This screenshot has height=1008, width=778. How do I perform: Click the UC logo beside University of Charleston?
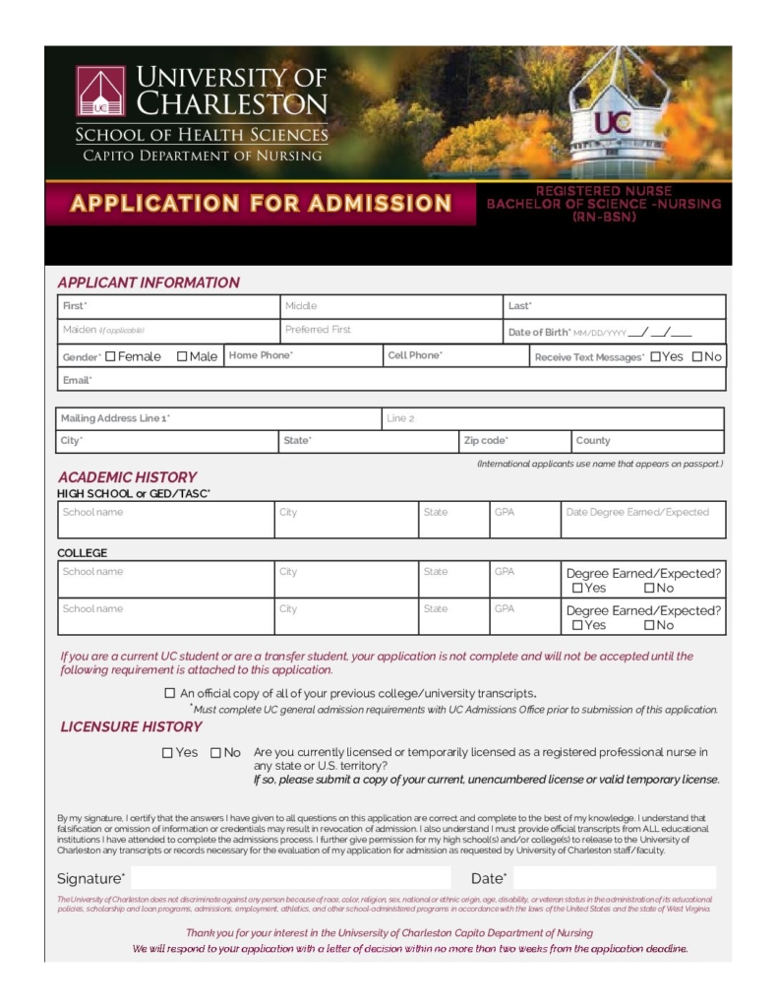pyautogui.click(x=100, y=92)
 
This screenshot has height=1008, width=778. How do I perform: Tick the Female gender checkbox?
pyautogui.click(x=110, y=356)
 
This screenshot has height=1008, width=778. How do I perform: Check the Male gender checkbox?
pyautogui.click(x=182, y=356)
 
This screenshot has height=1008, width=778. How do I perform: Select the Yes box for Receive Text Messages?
pyautogui.click(x=655, y=356)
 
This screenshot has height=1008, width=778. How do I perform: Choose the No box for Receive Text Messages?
pyautogui.click(x=696, y=356)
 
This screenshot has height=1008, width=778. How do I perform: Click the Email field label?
pyautogui.click(x=77, y=380)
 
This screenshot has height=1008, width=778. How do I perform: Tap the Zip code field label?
pyautogui.click(x=486, y=440)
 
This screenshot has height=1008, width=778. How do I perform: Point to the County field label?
pyautogui.click(x=593, y=440)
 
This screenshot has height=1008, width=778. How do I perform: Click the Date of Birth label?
pyautogui.click(x=539, y=333)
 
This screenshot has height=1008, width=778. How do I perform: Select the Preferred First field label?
pyautogui.click(x=318, y=330)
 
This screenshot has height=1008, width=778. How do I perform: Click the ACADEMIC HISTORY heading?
pyautogui.click(x=127, y=476)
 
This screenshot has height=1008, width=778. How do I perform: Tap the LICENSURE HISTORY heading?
pyautogui.click(x=131, y=726)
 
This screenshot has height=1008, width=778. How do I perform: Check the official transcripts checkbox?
pyautogui.click(x=169, y=693)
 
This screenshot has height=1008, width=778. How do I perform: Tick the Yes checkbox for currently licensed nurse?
pyautogui.click(x=167, y=753)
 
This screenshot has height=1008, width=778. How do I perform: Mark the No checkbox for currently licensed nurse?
pyautogui.click(x=215, y=753)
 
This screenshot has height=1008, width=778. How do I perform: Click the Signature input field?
pyautogui.click(x=290, y=878)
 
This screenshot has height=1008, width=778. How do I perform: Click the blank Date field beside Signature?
pyautogui.click(x=614, y=878)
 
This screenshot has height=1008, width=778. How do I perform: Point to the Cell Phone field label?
pyautogui.click(x=415, y=355)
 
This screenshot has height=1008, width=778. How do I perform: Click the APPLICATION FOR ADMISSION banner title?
pyautogui.click(x=261, y=204)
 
